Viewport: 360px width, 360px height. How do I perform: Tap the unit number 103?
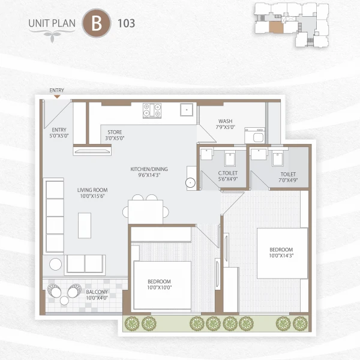127,23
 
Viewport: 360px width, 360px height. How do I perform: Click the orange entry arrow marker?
57,96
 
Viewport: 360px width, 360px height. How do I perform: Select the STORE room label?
115,135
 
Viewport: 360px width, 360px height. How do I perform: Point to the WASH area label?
226,124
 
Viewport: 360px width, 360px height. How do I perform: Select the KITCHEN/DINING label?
149,173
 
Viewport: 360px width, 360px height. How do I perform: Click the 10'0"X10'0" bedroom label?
160,284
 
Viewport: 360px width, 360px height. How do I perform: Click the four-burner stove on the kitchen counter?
152,110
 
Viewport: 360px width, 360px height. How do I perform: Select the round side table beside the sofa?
55,263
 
